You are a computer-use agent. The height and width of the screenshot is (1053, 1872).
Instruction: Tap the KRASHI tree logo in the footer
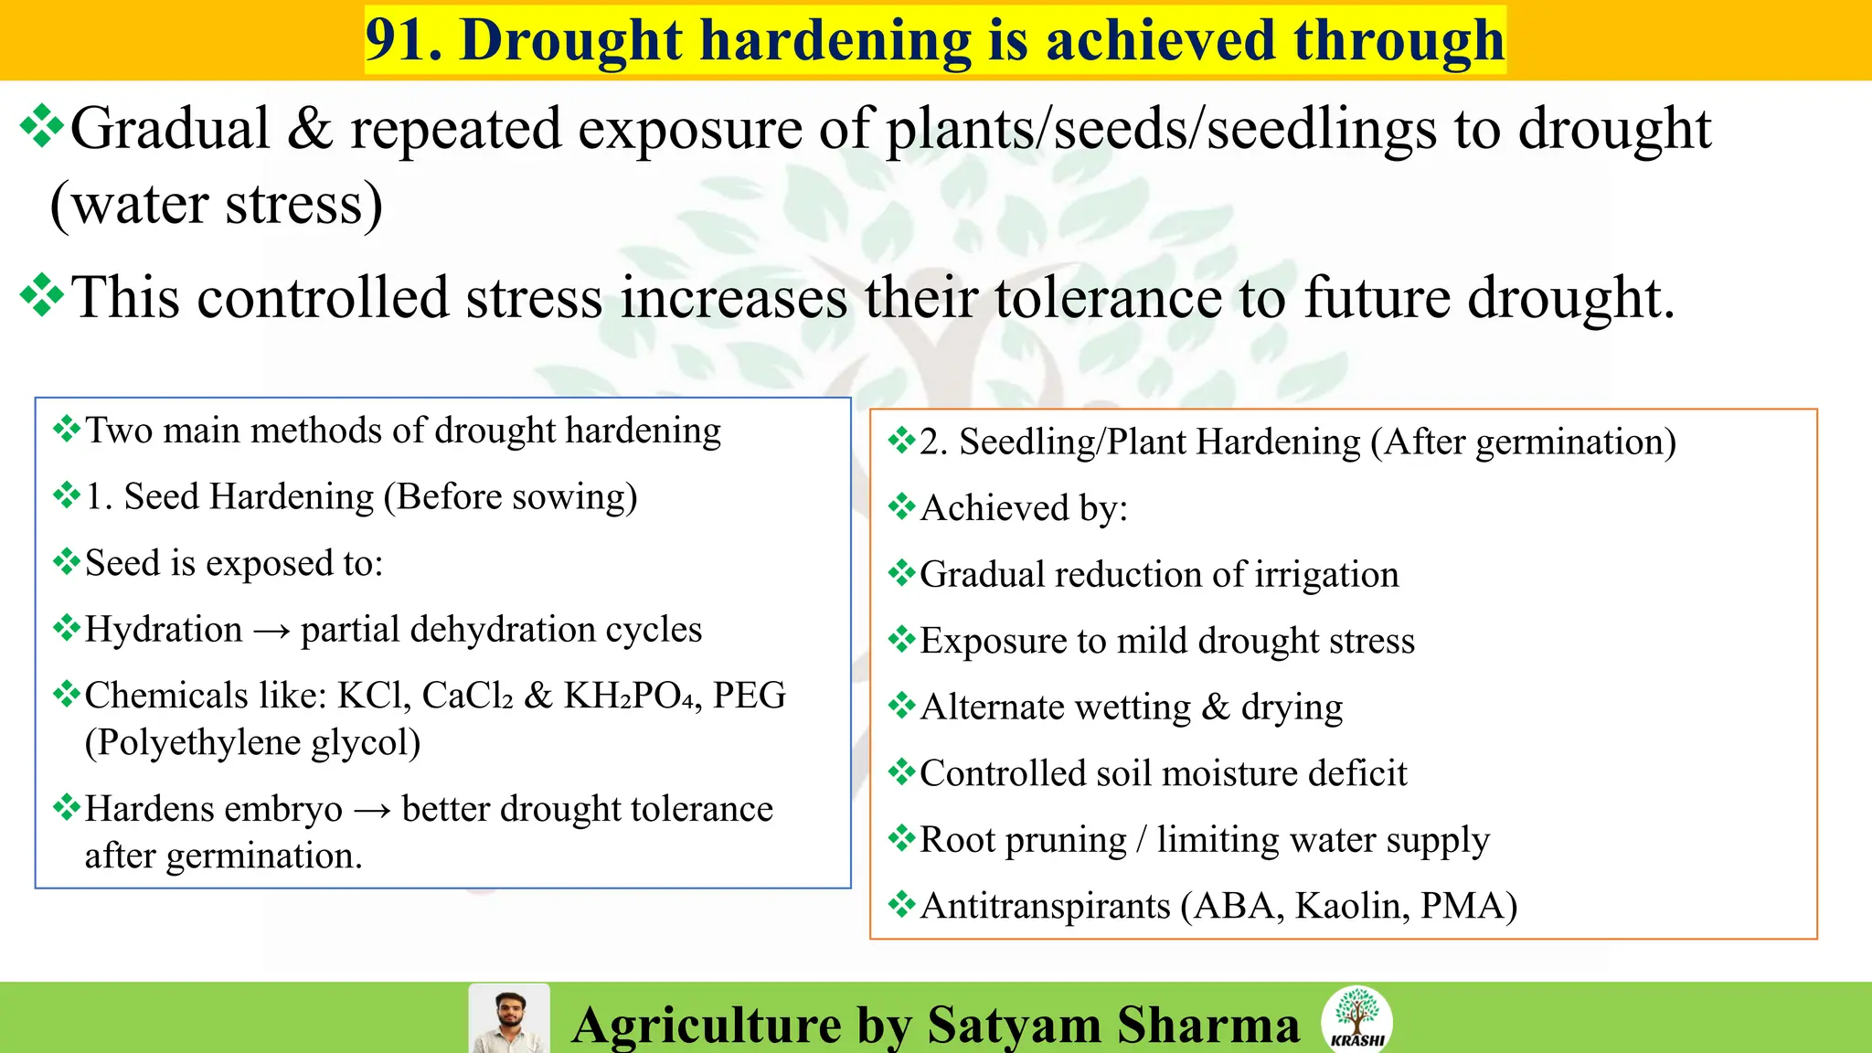[1356, 1017]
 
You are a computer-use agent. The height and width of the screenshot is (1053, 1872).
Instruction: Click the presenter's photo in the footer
[509, 1019]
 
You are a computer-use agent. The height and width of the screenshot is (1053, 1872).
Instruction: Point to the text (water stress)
[217, 204]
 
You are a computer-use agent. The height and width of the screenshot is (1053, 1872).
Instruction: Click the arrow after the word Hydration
[271, 631]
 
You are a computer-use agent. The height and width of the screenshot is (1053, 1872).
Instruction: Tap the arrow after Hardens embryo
[372, 810]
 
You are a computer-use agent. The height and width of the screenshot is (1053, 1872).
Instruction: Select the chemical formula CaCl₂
[467, 697]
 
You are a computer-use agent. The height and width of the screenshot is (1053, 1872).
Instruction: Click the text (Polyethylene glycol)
[252, 743]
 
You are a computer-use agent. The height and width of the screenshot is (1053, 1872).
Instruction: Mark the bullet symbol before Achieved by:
[901, 506]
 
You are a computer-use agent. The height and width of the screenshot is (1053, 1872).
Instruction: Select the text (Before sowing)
[510, 497]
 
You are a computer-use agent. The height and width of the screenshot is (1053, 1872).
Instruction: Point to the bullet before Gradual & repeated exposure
[42, 127]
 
